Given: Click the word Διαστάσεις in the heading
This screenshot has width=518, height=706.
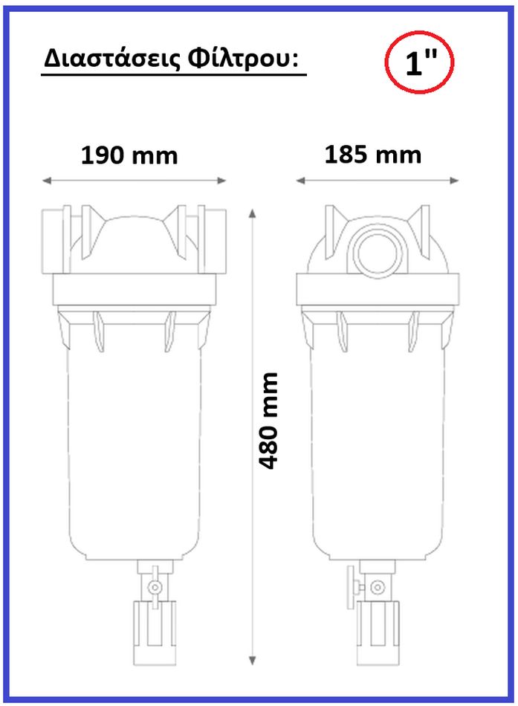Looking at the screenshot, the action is pyautogui.click(x=111, y=58).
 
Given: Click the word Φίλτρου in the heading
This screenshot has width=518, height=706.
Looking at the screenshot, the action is pyautogui.click(x=242, y=59).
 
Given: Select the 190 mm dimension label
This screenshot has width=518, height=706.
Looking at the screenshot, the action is pyautogui.click(x=129, y=155).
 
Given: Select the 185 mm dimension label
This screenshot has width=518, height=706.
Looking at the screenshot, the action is pyautogui.click(x=373, y=155).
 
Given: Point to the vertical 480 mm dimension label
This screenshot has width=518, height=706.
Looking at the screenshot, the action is pyautogui.click(x=268, y=421).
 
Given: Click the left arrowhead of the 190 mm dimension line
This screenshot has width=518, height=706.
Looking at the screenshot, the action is pyautogui.click(x=46, y=181).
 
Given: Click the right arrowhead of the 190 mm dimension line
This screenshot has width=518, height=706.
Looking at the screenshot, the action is pyautogui.click(x=221, y=181).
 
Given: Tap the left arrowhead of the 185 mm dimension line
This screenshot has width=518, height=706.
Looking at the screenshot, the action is pyautogui.click(x=300, y=181).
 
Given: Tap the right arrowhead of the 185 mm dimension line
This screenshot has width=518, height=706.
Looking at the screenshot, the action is pyautogui.click(x=455, y=181).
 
